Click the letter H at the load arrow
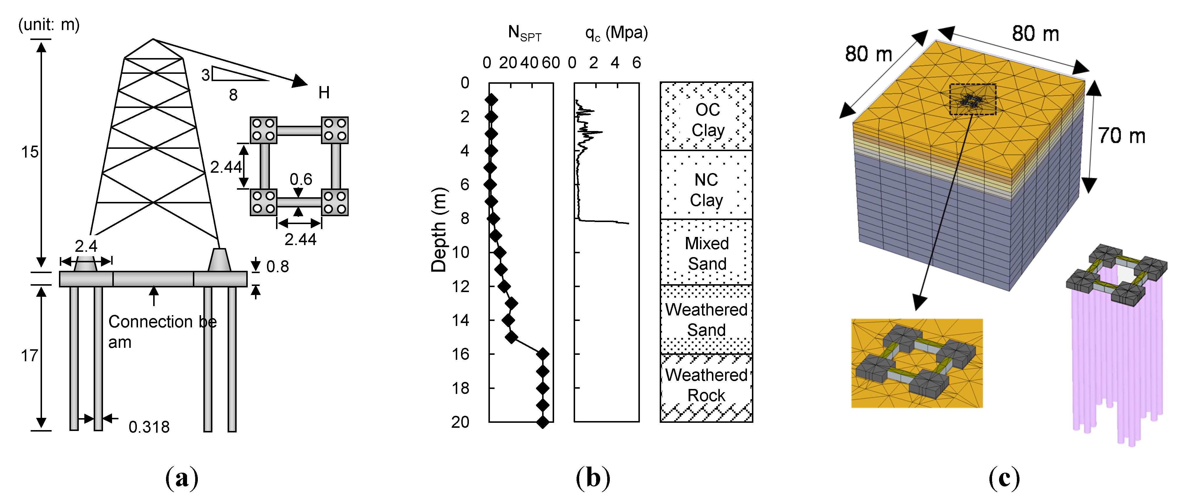[x=324, y=93]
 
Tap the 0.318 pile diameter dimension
[x=149, y=427]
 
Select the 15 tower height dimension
[x=29, y=152]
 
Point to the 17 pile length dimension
[x=29, y=356]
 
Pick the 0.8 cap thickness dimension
[x=277, y=267]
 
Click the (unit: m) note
[x=49, y=24]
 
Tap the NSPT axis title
[x=524, y=34]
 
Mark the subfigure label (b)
[x=593, y=478]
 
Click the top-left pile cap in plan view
[x=263, y=130]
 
